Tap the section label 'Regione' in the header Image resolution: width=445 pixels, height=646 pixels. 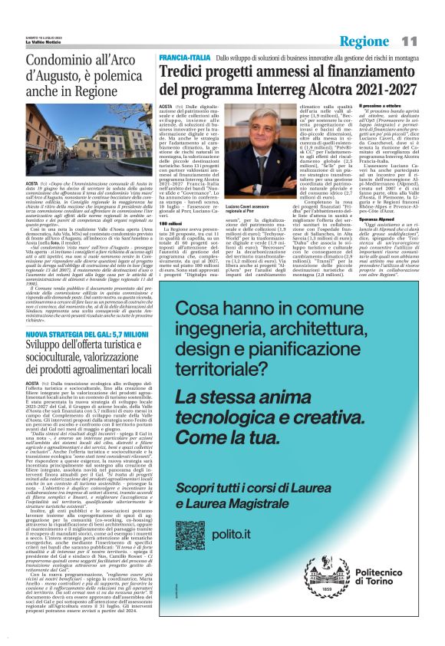click(365, 41)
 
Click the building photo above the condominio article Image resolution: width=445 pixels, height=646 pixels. click(87, 142)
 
